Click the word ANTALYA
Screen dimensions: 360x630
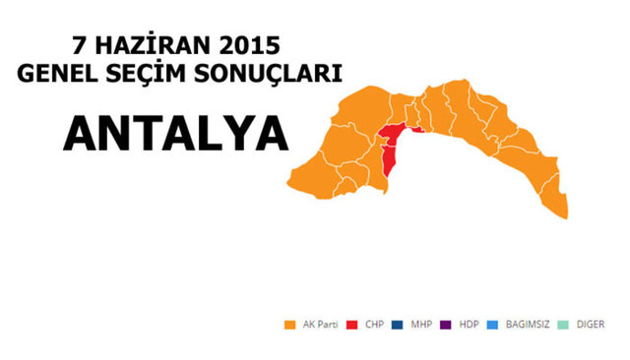(176, 135)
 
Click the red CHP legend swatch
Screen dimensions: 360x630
(358, 325)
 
